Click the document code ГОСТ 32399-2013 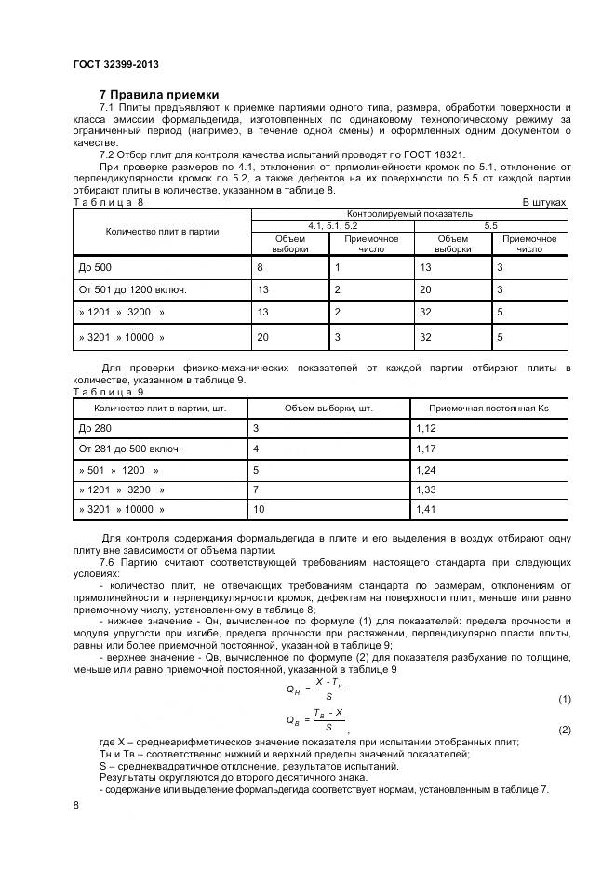tap(115, 64)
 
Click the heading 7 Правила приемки tap(159, 95)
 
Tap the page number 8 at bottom tap(75, 805)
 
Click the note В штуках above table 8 tap(543, 201)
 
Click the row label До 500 tap(95, 267)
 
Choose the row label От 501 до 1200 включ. tap(133, 289)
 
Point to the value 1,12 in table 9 tap(426, 428)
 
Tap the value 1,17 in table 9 tap(426, 449)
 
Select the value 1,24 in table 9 tap(426, 469)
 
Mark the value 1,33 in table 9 tap(426, 489)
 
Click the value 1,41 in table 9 tap(426, 510)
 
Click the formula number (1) tap(564, 699)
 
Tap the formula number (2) tap(564, 730)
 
